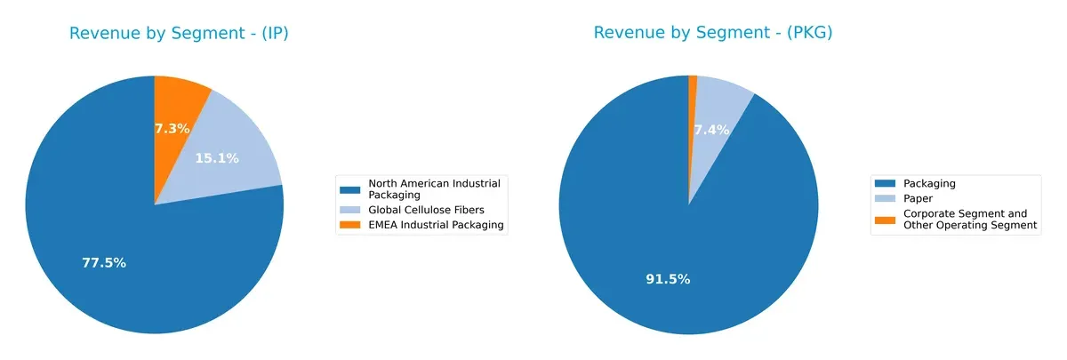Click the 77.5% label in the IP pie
pyautogui.click(x=104, y=263)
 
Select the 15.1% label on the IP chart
pyautogui.click(x=217, y=158)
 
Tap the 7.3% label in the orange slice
pyautogui.click(x=172, y=128)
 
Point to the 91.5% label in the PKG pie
pyautogui.click(x=668, y=279)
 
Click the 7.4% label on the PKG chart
pyautogui.click(x=711, y=130)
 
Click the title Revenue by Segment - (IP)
pyautogui.click(x=179, y=34)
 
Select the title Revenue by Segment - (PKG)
pyautogui.click(x=713, y=34)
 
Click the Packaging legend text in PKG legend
pyautogui.click(x=929, y=183)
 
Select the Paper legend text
pyautogui.click(x=919, y=198)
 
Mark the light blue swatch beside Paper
pyautogui.click(x=886, y=198)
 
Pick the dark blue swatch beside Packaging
pyautogui.click(x=886, y=183)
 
